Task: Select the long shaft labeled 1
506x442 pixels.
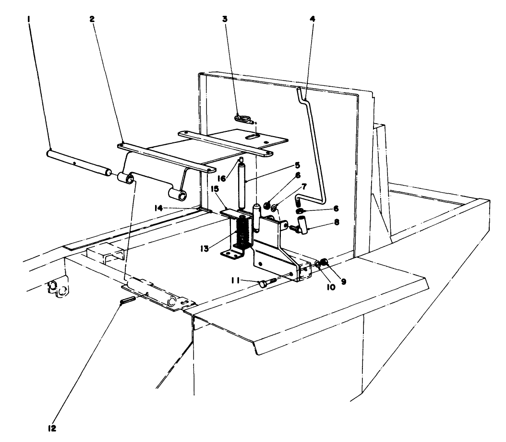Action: (x=77, y=163)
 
